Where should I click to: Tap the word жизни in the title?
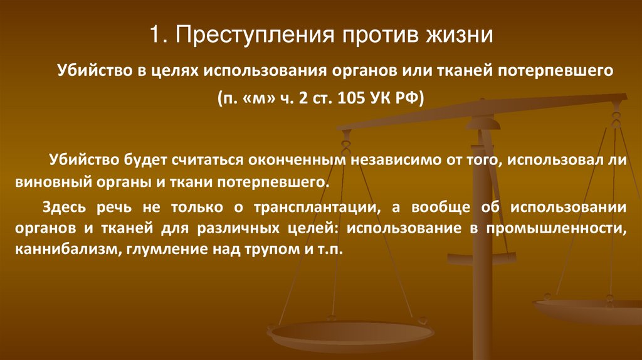click(461, 34)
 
